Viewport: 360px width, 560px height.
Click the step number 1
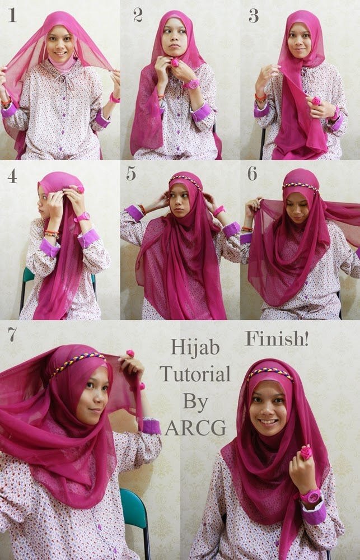(12, 15)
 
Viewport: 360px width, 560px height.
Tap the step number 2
(138, 15)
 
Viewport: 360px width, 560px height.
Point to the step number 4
(12, 176)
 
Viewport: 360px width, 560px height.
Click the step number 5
(131, 174)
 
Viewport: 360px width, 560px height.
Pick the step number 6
(253, 174)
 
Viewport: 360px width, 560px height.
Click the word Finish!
(277, 339)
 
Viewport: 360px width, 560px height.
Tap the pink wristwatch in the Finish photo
(310, 496)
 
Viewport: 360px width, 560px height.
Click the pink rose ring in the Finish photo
(306, 452)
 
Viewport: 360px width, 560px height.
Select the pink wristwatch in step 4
(82, 217)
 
